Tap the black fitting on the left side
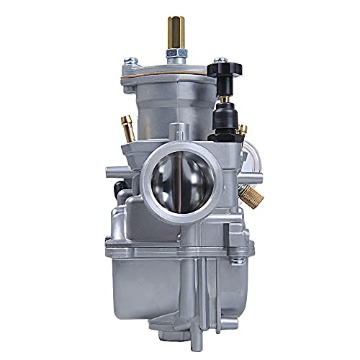(x=120, y=189)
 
